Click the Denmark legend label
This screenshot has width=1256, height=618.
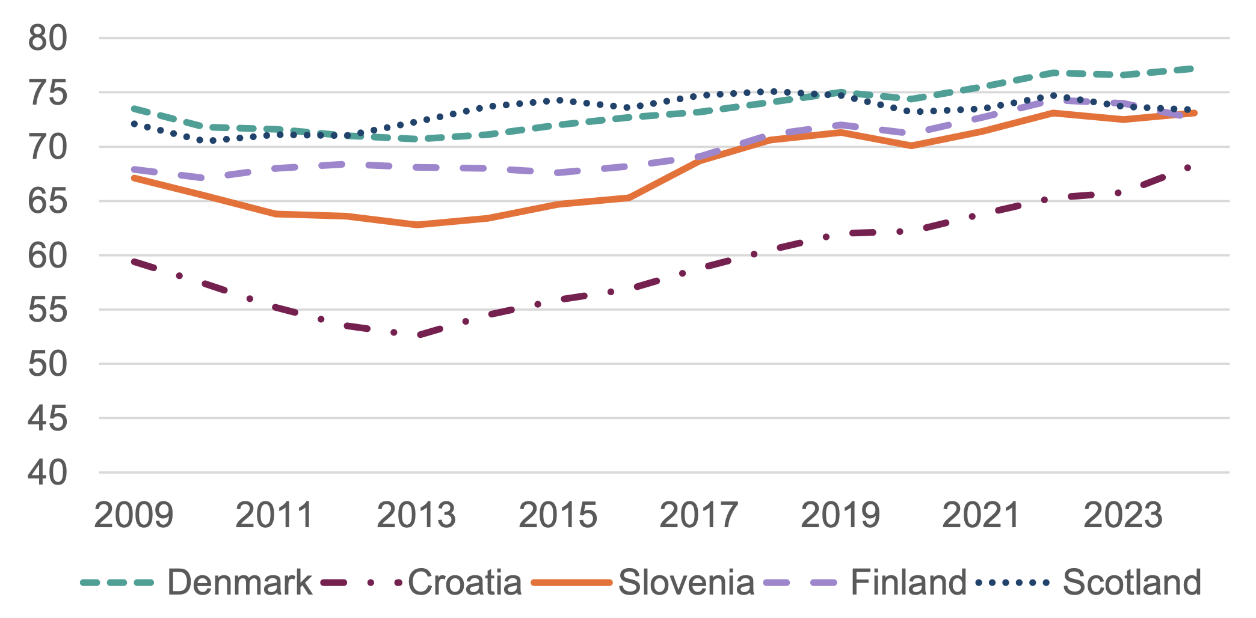click(x=239, y=583)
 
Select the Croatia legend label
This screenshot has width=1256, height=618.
click(x=464, y=583)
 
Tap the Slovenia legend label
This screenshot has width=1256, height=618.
click(x=686, y=583)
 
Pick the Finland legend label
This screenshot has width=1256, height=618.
click(x=908, y=583)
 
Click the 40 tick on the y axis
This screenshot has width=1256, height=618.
click(x=48, y=473)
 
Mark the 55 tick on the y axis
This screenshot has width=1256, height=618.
click(x=48, y=310)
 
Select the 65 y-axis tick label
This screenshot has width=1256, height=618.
click(x=48, y=201)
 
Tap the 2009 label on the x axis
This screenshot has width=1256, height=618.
click(x=134, y=516)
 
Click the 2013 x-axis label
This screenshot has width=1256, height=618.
click(x=416, y=516)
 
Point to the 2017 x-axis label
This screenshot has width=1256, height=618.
click(x=699, y=516)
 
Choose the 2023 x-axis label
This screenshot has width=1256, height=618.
click(x=1123, y=516)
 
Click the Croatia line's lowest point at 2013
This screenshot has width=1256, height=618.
click(x=417, y=335)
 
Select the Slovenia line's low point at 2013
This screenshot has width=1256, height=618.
click(x=417, y=225)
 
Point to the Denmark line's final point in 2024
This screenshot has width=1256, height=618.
click(x=1192, y=69)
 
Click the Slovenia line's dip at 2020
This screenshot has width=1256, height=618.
click(x=911, y=145)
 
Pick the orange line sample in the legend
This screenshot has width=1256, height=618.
click(x=571, y=583)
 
